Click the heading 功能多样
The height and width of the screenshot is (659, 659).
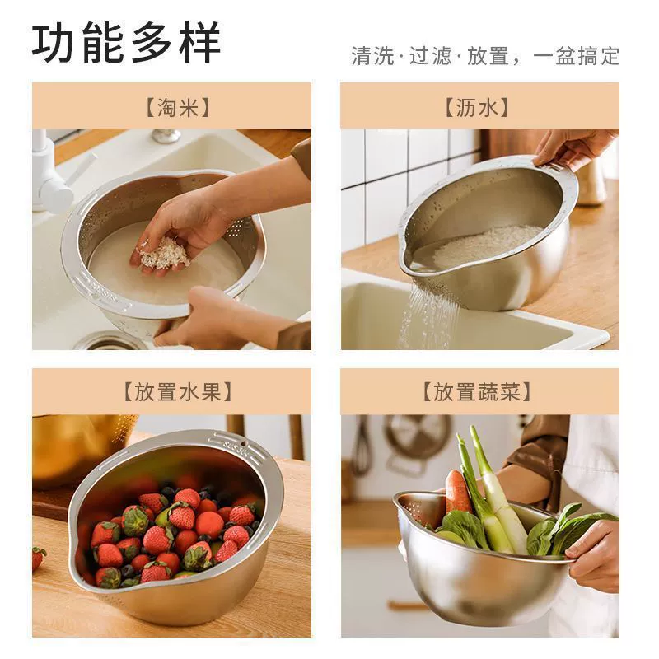[126, 43]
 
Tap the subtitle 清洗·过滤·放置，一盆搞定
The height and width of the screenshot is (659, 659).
[485, 56]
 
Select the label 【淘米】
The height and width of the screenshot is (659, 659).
[177, 108]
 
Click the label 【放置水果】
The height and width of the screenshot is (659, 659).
[177, 392]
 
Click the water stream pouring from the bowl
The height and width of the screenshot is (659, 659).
[428, 315]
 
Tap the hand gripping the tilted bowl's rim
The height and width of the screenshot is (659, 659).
[572, 147]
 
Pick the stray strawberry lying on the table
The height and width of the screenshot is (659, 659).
[39, 559]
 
